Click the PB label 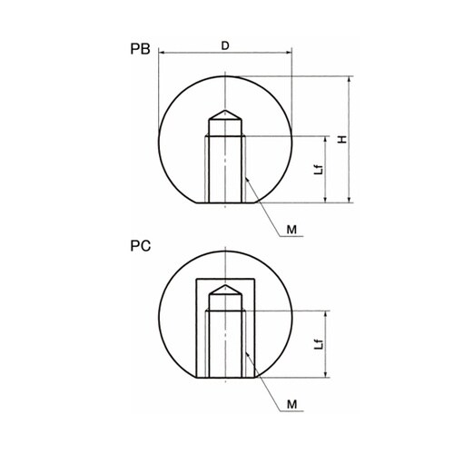click(x=140, y=49)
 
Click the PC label click(x=141, y=246)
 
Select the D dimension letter click(x=225, y=45)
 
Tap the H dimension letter click(x=342, y=140)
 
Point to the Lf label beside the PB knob click(x=319, y=170)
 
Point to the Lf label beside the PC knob click(x=319, y=344)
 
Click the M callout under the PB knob click(x=291, y=230)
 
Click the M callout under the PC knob click(x=291, y=404)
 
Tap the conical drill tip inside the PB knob click(x=225, y=115)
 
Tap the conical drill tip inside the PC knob click(x=225, y=290)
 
